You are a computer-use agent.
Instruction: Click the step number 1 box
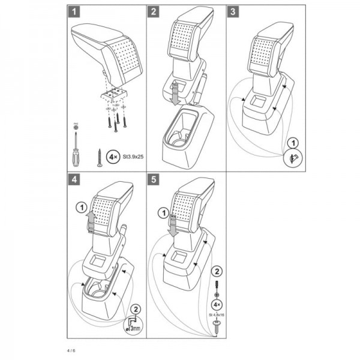(73, 11)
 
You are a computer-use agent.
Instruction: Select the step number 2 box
(154, 11)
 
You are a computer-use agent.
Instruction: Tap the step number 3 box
(232, 11)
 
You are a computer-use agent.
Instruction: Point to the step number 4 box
(73, 178)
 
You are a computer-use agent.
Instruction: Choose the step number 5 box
(154, 178)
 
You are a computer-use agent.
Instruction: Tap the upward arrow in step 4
(91, 222)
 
